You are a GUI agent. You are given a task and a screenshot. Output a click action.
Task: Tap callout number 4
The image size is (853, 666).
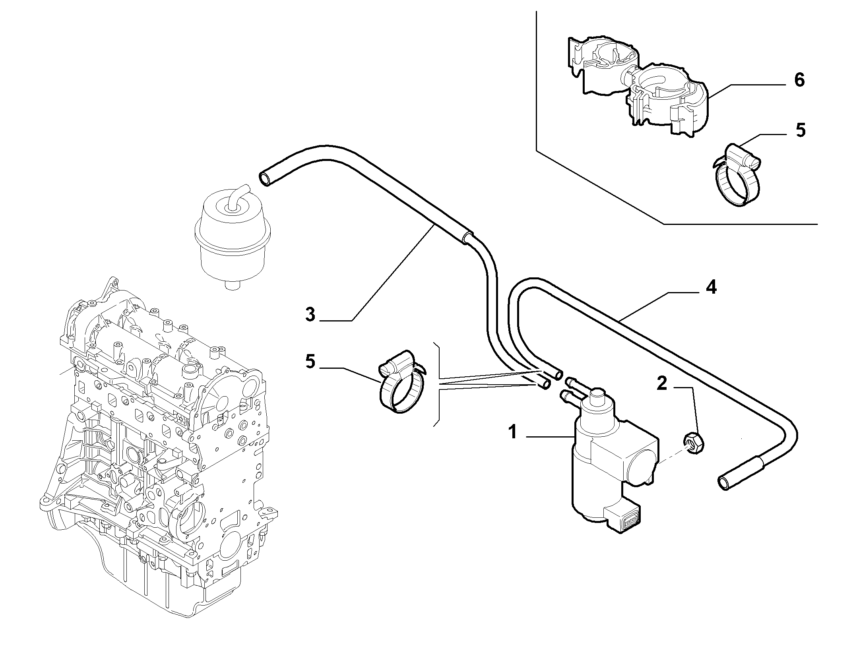pyautogui.click(x=711, y=287)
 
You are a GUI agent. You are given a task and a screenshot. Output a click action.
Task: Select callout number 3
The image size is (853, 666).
pyautogui.click(x=310, y=314)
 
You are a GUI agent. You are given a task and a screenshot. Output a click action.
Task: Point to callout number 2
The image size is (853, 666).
pyautogui.click(x=661, y=384)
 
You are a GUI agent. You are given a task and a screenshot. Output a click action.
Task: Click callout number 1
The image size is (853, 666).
pyautogui.click(x=513, y=432)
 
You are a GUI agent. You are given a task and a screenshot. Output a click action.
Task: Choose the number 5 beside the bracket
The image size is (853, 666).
pyautogui.click(x=310, y=362)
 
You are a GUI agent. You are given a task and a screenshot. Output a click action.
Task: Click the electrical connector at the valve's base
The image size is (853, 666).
pyautogui.click(x=622, y=519)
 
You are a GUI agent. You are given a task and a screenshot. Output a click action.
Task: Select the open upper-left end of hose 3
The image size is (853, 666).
pyautogui.click(x=266, y=179)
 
